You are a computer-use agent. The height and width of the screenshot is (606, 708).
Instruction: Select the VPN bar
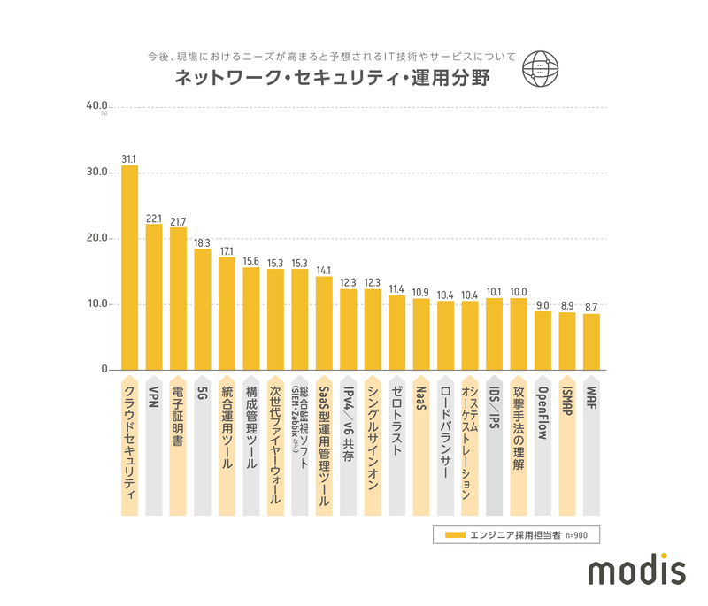pos(154,296)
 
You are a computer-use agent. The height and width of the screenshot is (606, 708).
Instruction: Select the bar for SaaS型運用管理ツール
pos(324,323)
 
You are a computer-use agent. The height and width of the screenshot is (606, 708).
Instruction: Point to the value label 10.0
pos(519,290)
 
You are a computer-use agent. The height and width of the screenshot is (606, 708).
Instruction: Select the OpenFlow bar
pos(543,340)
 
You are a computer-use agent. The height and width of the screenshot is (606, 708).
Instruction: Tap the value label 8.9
pos(567,303)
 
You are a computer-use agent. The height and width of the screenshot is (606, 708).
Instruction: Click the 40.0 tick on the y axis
pos(95,106)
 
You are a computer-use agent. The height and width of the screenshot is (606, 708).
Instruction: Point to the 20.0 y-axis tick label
pos(95,238)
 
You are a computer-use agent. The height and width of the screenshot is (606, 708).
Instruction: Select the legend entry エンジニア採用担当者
pos(522,535)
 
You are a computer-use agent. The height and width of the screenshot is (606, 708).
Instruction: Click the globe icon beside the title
pos(537,67)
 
